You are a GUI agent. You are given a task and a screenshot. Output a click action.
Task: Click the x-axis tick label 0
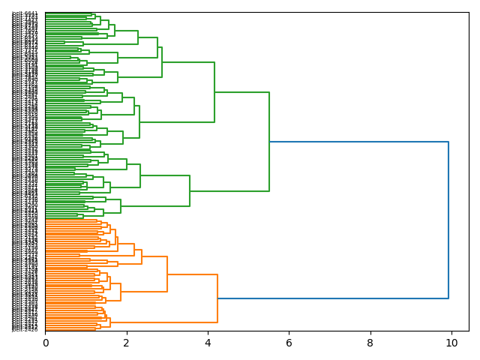[x=45, y=343]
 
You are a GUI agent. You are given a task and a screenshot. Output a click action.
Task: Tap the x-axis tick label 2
[x=127, y=343]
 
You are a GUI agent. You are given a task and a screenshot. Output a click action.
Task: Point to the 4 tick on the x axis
[x=208, y=343]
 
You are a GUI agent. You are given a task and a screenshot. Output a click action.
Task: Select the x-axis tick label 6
[x=289, y=343]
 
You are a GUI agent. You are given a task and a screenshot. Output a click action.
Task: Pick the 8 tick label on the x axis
[x=370, y=343]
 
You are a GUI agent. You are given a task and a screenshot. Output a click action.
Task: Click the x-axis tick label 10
[x=451, y=343]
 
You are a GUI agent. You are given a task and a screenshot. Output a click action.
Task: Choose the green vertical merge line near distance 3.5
[x=190, y=191]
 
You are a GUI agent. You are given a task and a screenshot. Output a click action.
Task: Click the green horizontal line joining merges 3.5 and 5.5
[x=229, y=191]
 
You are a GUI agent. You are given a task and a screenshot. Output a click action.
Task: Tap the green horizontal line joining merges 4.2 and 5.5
[x=241, y=92]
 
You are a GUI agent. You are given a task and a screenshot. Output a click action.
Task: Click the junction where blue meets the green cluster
[x=269, y=142]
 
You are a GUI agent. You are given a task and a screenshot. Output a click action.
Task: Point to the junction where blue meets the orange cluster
[x=217, y=298]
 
